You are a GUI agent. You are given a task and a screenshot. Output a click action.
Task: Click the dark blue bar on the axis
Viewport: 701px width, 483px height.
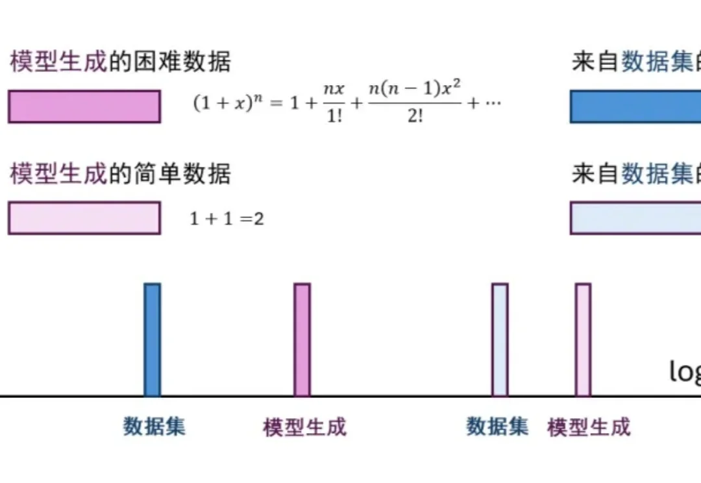pyautogui.click(x=152, y=340)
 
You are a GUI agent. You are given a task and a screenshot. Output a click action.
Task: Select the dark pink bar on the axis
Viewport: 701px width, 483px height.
pyautogui.click(x=302, y=340)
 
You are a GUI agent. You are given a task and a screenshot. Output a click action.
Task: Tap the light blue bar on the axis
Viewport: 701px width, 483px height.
pyautogui.click(x=500, y=340)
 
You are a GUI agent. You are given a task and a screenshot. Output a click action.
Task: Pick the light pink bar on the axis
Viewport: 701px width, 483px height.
pyautogui.click(x=583, y=340)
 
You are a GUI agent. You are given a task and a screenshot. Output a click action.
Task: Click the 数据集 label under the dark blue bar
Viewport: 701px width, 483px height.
pyautogui.click(x=154, y=427)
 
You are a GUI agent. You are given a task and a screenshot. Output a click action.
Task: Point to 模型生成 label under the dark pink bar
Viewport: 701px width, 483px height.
pyautogui.click(x=304, y=427)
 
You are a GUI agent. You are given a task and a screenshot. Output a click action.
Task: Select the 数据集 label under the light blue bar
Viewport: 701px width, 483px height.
pyautogui.click(x=497, y=427)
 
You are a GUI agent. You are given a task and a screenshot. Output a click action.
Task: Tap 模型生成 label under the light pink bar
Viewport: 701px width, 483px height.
pyautogui.click(x=589, y=427)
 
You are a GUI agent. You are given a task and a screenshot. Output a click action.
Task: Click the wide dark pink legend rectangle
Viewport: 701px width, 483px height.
pyautogui.click(x=84, y=106)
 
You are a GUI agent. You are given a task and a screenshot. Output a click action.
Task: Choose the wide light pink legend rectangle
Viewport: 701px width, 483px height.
pyautogui.click(x=84, y=218)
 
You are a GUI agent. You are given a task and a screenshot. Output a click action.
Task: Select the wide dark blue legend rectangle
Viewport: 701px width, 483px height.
pyautogui.click(x=635, y=106)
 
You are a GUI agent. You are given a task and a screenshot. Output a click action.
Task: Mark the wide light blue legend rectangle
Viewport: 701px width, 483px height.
pyautogui.click(x=635, y=218)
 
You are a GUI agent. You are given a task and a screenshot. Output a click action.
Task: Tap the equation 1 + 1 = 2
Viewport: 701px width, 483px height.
pyautogui.click(x=227, y=219)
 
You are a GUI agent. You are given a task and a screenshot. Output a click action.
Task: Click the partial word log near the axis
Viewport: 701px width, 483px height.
pyautogui.click(x=685, y=372)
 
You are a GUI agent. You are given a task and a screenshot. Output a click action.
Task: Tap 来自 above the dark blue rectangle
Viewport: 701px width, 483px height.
pyautogui.click(x=595, y=62)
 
